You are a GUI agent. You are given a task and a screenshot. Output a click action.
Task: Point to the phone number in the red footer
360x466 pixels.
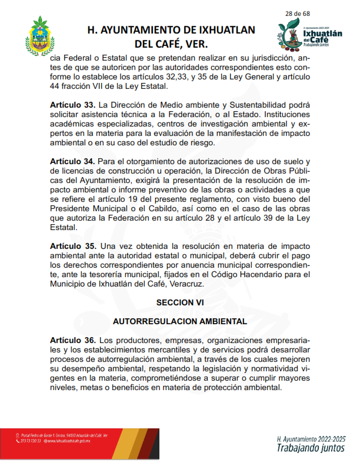[31, 441]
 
